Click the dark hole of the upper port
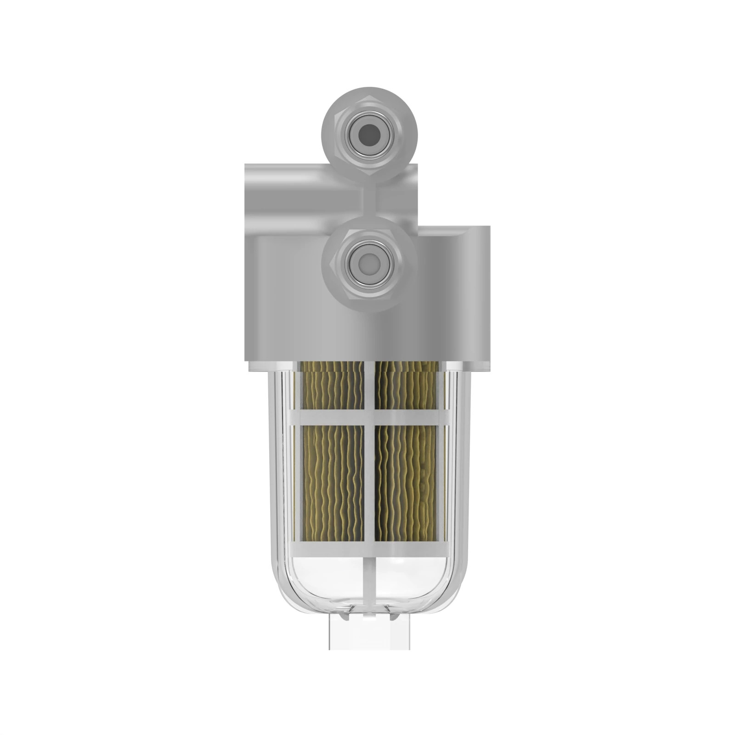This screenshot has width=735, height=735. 369,134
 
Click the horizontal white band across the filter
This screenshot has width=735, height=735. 370,417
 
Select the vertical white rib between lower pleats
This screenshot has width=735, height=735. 369,482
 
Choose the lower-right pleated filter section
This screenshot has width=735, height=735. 406,482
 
